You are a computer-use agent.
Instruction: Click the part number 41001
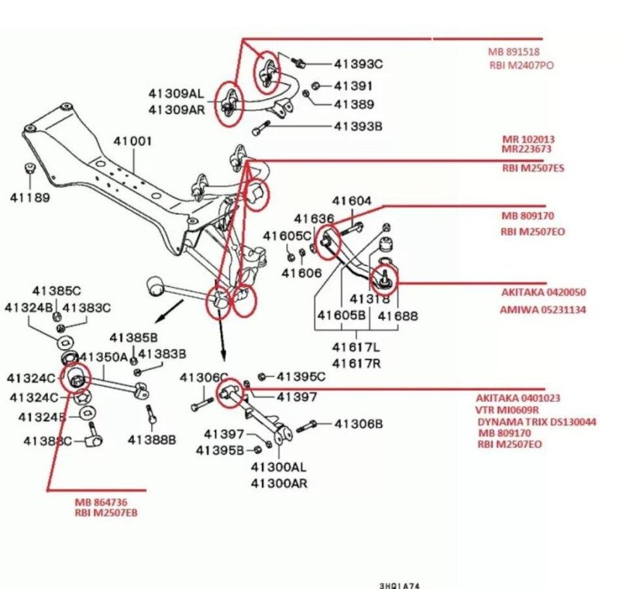[x=133, y=141]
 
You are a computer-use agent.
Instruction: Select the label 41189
[x=29, y=198]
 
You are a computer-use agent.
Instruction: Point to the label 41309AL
[x=175, y=94]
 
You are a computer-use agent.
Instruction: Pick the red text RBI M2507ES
[x=533, y=169]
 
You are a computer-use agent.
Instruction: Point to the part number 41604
[x=352, y=201]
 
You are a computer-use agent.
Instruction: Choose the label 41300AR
[x=279, y=483]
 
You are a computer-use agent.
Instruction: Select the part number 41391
[x=353, y=85]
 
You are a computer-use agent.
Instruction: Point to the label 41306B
[x=358, y=424]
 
